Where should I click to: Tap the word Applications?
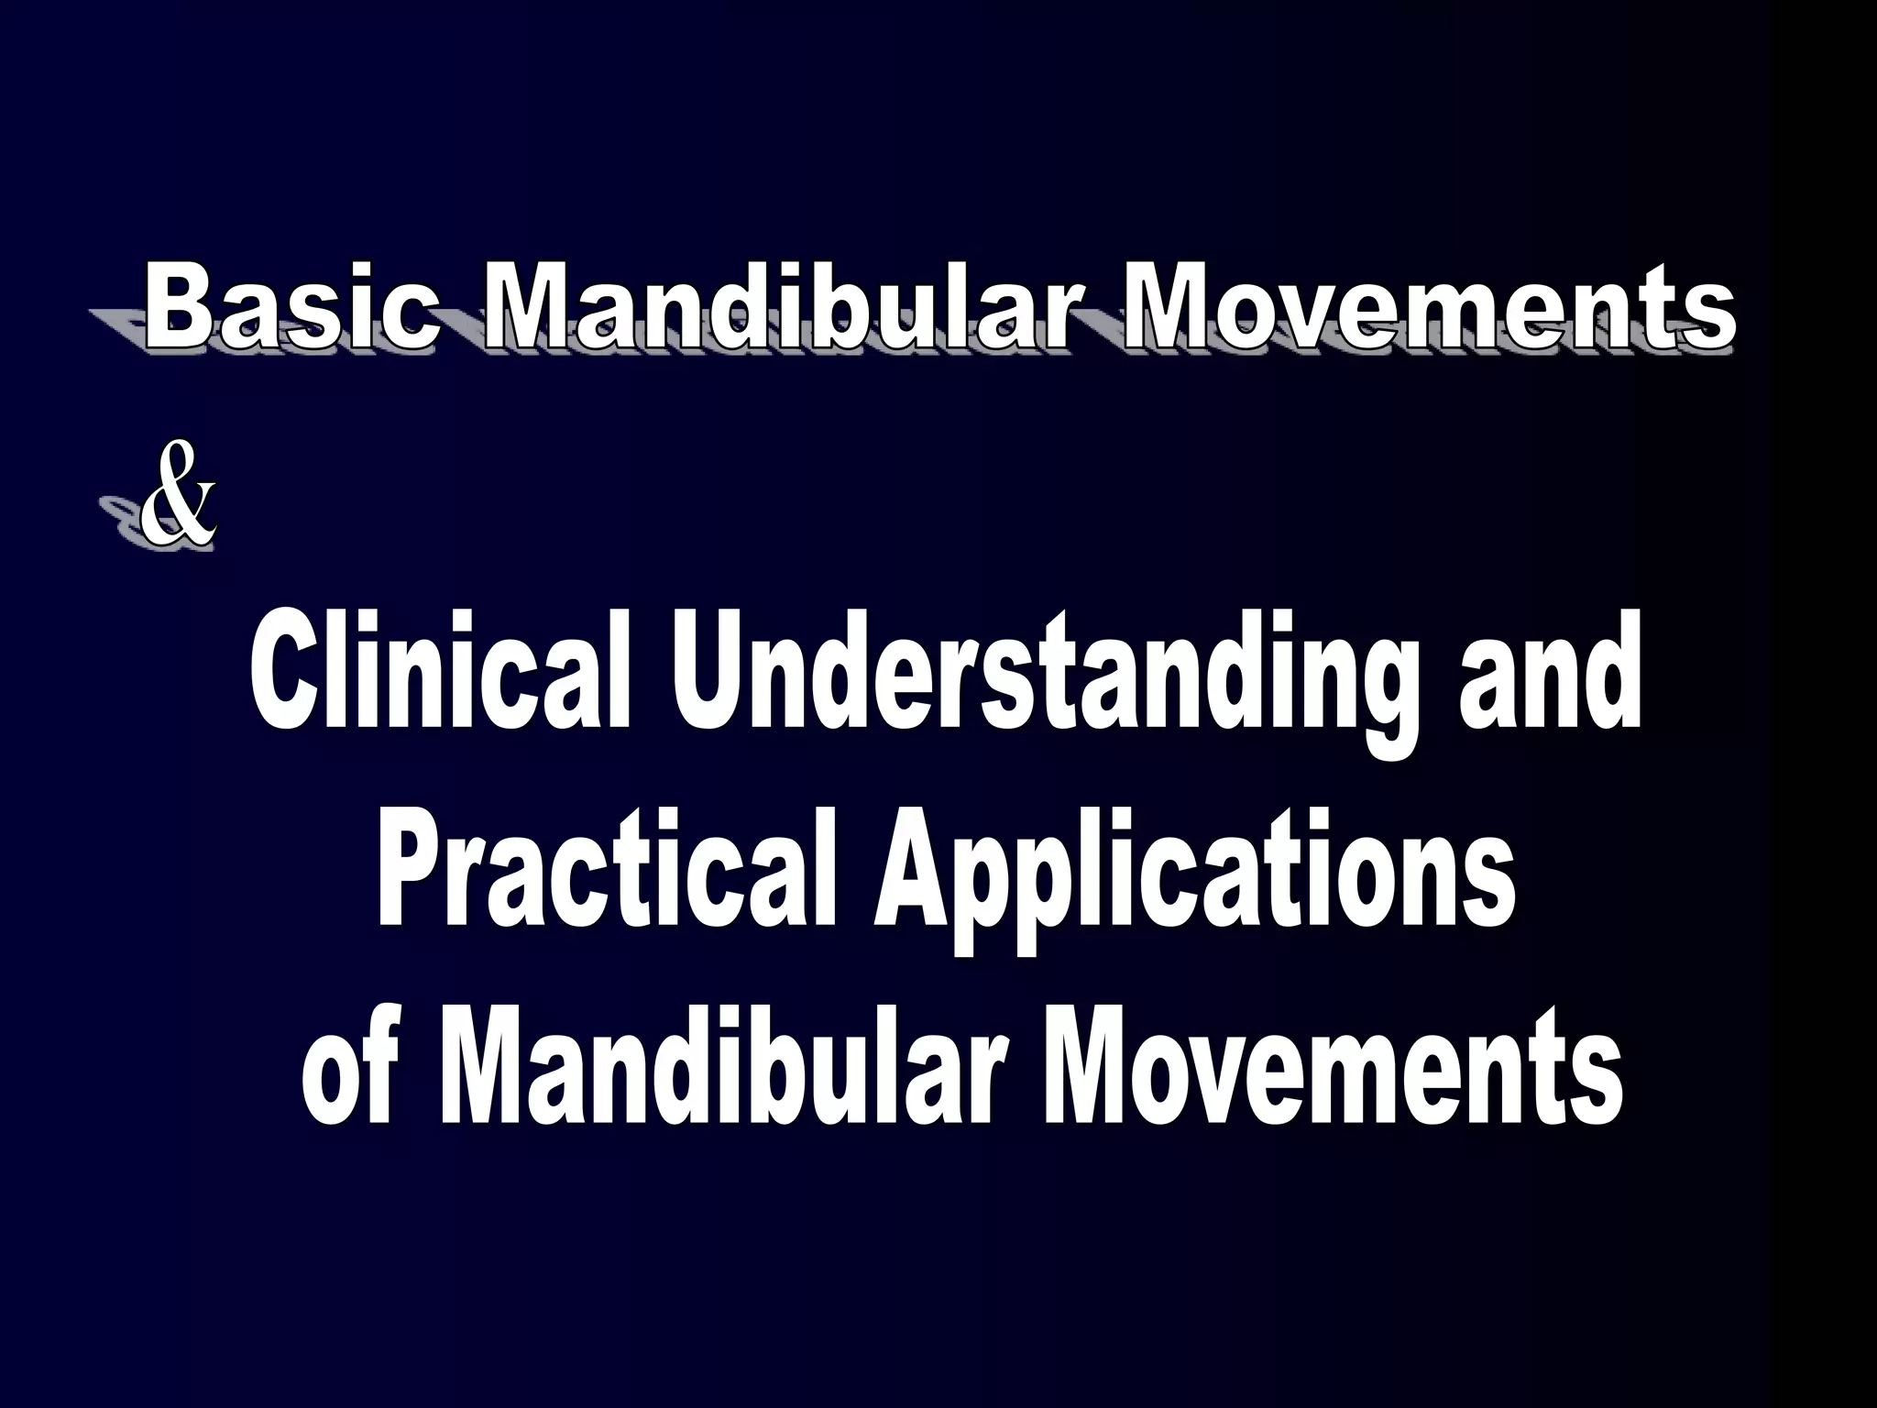click(x=1191, y=875)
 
